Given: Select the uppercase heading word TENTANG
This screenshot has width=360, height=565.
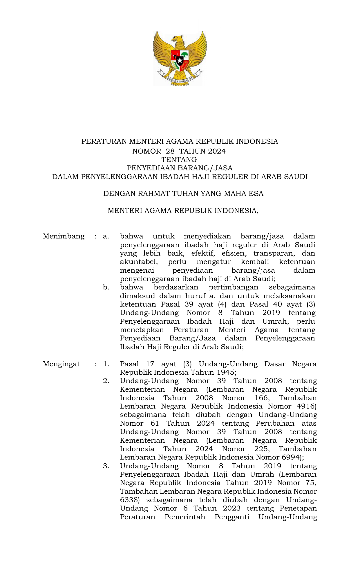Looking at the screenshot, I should coord(179,160).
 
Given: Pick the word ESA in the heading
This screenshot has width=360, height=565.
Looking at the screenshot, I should coord(256,194).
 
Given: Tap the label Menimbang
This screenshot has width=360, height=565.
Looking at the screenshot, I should coord(64,236).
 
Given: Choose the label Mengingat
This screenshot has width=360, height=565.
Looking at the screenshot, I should coord(61,364).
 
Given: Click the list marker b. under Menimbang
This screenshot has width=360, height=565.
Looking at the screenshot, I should coord(106,287).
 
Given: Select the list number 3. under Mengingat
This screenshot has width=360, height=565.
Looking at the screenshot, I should coord(106,466).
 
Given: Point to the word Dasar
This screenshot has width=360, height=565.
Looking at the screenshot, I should coord(275,364).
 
